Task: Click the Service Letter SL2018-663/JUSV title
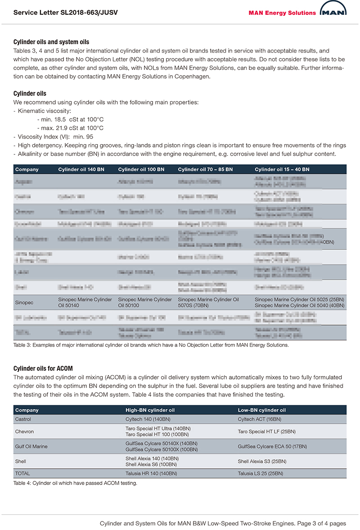click(x=66, y=13)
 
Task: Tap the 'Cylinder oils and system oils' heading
click(x=51, y=42)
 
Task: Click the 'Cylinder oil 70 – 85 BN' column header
click(x=205, y=169)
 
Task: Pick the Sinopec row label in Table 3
click(x=24, y=303)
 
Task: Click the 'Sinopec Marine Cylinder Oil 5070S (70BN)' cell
click(x=208, y=303)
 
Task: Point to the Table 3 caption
click(x=151, y=345)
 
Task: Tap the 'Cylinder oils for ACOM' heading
click(x=43, y=369)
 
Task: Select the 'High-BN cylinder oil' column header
click(x=150, y=410)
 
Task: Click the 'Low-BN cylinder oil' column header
click(x=261, y=410)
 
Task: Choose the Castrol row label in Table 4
click(x=24, y=419)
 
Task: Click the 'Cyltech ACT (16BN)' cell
click(x=260, y=419)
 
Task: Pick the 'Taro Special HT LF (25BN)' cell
click(x=266, y=431)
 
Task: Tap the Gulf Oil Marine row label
click(x=31, y=446)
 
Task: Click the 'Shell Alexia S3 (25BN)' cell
click(x=262, y=462)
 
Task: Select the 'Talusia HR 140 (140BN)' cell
click(x=151, y=474)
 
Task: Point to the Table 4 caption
click(x=75, y=483)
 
